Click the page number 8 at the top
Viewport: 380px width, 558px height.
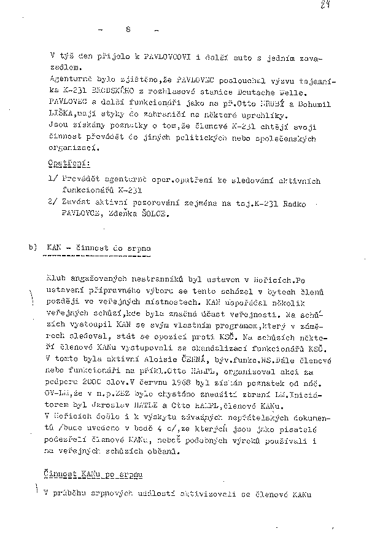128,29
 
